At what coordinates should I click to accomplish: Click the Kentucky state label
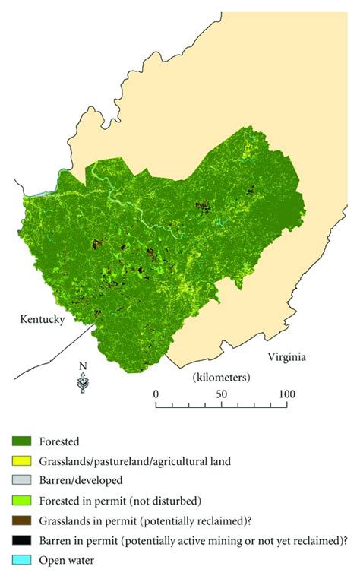tap(42, 320)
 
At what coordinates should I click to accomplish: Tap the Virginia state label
tap(289, 356)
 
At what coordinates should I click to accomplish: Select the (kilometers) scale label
tap(221, 376)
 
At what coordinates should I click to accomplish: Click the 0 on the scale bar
tap(156, 394)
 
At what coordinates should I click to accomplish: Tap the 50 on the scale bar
tap(221, 394)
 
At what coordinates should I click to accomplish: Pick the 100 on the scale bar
tap(286, 394)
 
